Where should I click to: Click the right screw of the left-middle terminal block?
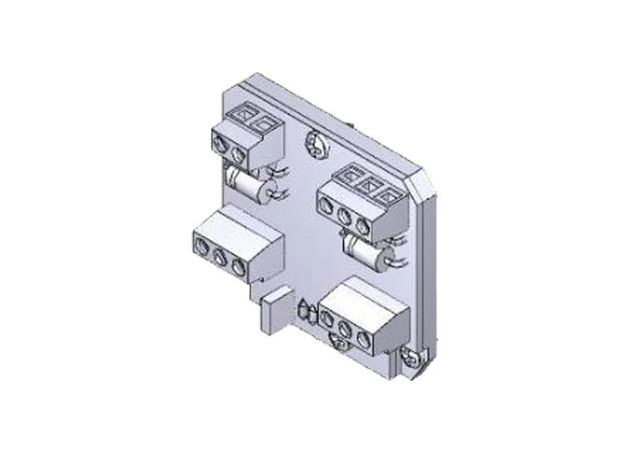click(x=237, y=265)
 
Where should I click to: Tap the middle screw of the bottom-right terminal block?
click(x=348, y=330)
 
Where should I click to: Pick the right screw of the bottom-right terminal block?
click(x=365, y=339)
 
